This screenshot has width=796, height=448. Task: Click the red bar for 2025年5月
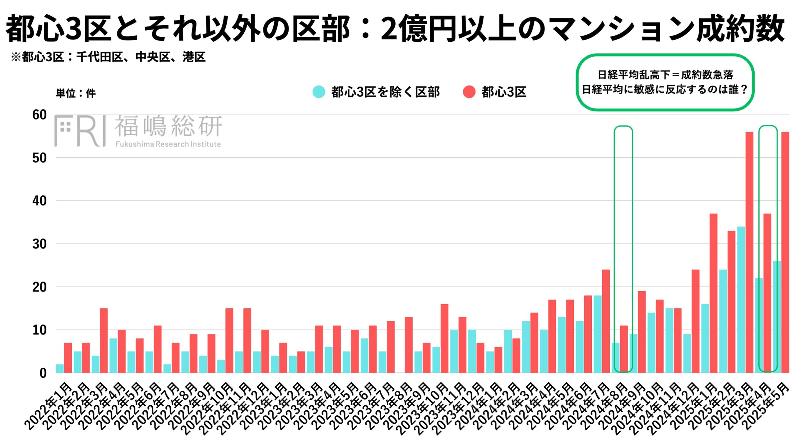coord(785,252)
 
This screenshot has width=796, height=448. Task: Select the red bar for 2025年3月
coord(749,252)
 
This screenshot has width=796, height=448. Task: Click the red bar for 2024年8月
coord(624,349)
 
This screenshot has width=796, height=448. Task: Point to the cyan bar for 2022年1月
coord(60,368)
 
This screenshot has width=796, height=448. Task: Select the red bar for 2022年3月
coord(104,340)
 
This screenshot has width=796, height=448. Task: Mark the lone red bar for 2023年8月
coord(409,345)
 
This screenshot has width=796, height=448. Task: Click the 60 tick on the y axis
coord(39,115)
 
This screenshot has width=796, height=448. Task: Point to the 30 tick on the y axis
coord(39,244)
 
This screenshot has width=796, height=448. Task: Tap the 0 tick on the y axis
coord(43,373)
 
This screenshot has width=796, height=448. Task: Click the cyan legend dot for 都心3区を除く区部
coord(319,92)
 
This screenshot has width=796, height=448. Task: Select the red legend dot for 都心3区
coord(469,92)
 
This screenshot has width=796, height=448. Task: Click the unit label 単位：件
coord(76,93)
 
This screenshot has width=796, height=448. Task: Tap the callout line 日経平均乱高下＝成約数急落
coord(665,75)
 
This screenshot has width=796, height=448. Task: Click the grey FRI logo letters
coord(80,131)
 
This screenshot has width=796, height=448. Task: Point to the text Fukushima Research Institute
coord(168,144)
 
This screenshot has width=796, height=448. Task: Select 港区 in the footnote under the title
coord(194,57)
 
